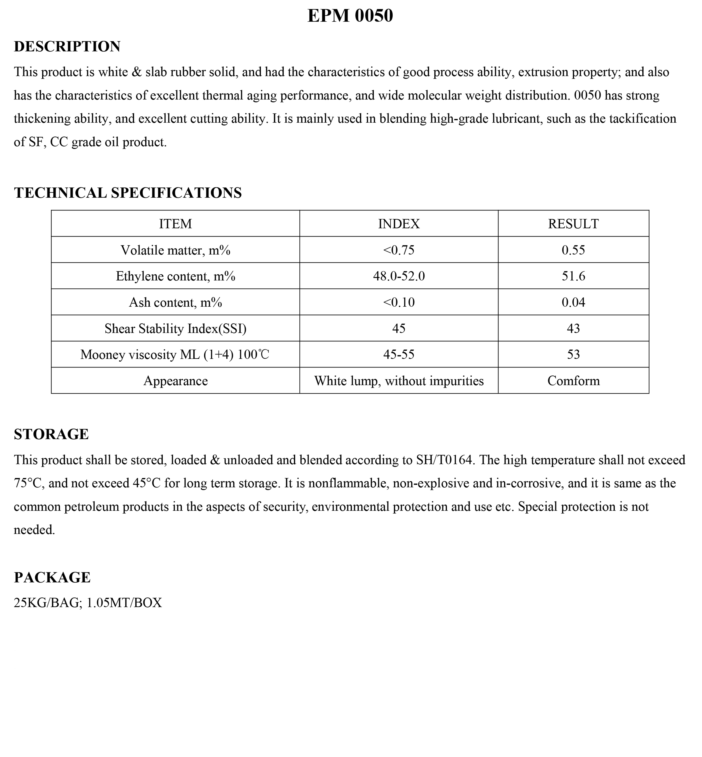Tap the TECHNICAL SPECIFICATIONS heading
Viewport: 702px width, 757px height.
[x=128, y=193]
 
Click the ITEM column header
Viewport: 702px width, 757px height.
[x=175, y=224]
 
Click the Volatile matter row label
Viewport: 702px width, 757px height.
[x=175, y=250]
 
